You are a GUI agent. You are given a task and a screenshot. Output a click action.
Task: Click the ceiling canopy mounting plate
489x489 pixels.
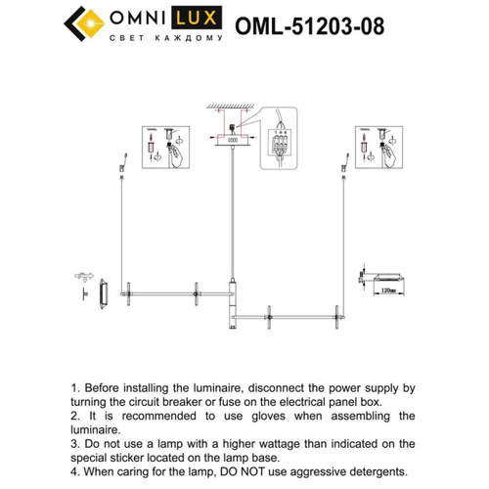[x=231, y=140]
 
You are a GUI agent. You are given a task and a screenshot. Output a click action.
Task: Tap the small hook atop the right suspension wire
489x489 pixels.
[x=343, y=160]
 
